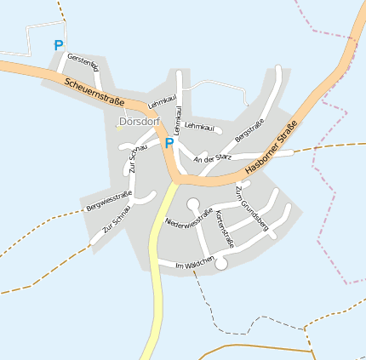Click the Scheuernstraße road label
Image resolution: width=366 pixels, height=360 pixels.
click(94, 89)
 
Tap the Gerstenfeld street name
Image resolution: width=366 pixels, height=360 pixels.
click(84, 62)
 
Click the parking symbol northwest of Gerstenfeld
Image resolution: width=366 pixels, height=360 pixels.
click(58, 45)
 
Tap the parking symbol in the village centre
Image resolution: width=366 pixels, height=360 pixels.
click(169, 143)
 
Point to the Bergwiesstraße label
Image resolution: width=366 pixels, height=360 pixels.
click(109, 203)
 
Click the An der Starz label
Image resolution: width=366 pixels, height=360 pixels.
click(213, 158)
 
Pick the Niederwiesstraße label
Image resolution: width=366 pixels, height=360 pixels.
click(188, 220)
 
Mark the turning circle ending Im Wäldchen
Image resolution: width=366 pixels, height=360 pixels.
click(221, 265)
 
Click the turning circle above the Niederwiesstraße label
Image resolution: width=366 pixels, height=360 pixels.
click(193, 203)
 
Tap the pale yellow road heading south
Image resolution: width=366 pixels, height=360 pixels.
click(156, 281)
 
